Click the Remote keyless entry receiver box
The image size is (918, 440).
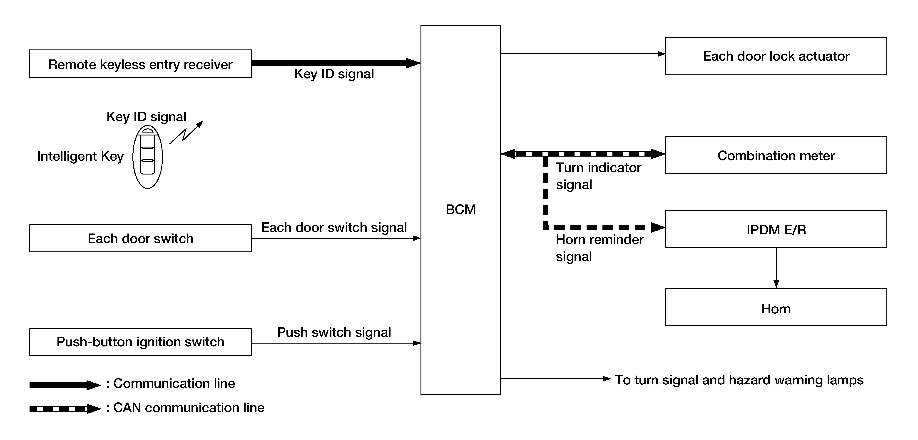click(140, 64)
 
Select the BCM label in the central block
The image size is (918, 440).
click(460, 209)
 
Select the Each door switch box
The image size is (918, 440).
click(140, 238)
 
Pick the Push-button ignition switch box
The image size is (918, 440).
click(140, 342)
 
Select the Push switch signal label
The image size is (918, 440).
click(334, 332)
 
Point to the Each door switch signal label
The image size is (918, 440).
click(334, 227)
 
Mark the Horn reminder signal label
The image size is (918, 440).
click(600, 248)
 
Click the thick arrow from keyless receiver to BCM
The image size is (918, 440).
click(335, 63)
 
